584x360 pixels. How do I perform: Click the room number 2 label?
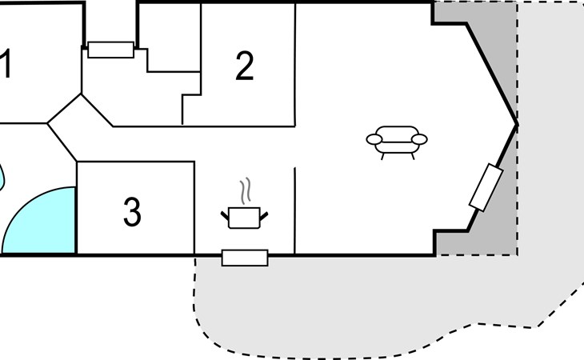[x=245, y=66]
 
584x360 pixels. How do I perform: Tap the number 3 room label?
[x=132, y=212]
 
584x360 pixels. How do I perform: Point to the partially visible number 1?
[x=5, y=63]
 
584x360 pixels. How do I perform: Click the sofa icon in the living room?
[x=397, y=142]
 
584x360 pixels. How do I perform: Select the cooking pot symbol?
[x=244, y=218]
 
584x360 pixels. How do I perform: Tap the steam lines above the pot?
[x=245, y=190]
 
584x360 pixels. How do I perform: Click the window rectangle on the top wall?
[x=110, y=50]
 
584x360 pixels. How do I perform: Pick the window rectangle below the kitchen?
[x=245, y=258]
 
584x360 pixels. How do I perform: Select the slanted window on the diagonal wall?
[x=486, y=187]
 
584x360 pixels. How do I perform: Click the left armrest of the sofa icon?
[x=374, y=140]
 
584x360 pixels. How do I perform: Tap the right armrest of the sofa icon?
[x=419, y=140]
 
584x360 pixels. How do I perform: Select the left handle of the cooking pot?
[x=225, y=215]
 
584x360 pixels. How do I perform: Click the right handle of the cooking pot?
[x=264, y=216]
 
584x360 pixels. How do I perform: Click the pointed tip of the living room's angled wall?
[x=517, y=124]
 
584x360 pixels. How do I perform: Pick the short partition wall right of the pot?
[x=294, y=211]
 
